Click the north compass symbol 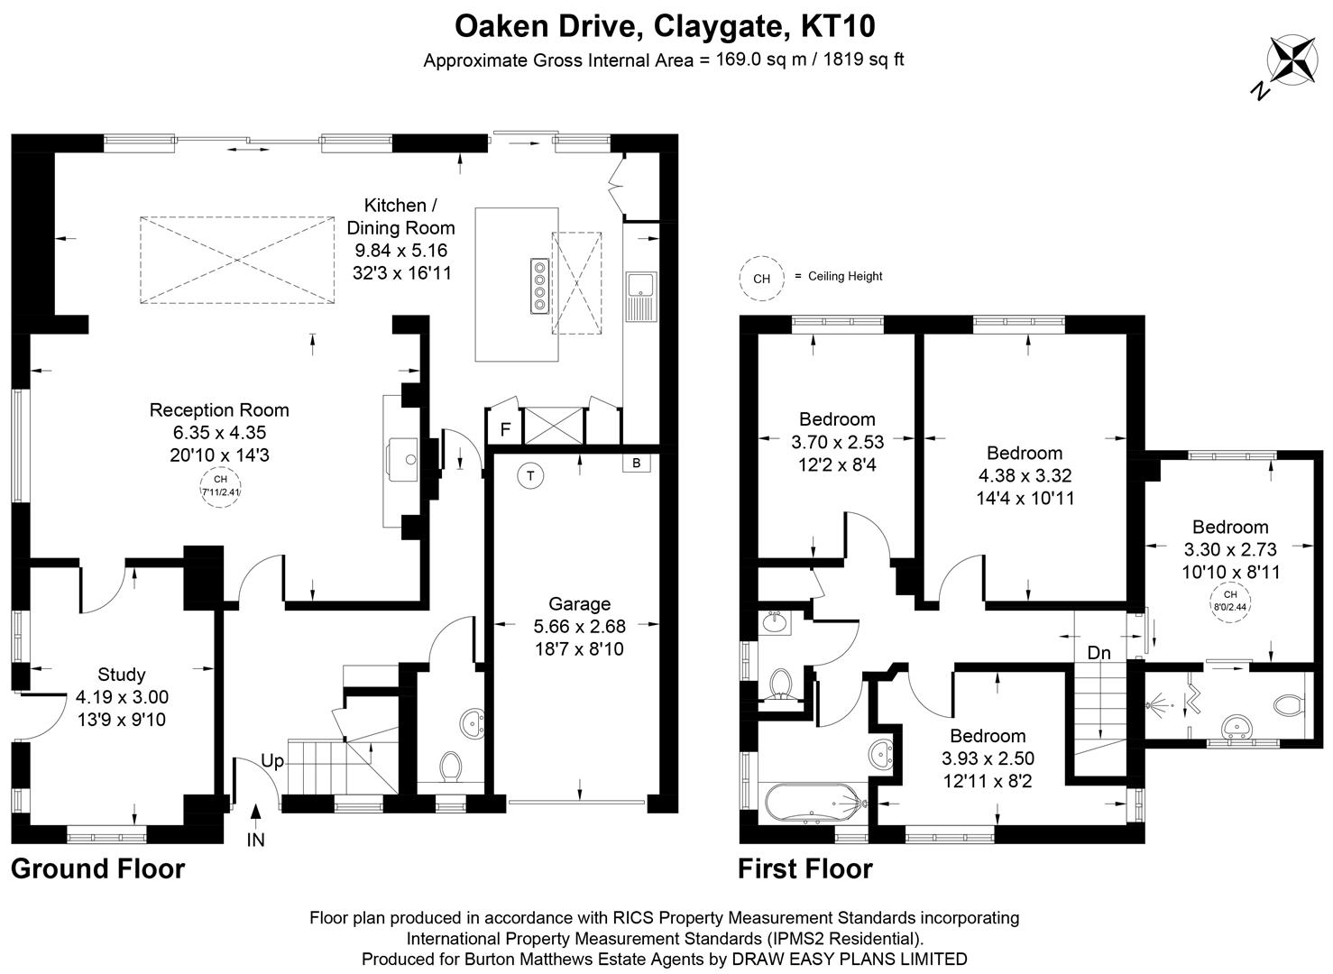1292,61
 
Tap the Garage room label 579,604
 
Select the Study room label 122,675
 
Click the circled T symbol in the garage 532,476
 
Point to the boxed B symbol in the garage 636,464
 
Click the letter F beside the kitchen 505,430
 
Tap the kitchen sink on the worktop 643,296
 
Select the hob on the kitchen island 539,285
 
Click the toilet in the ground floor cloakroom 450,767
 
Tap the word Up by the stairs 272,762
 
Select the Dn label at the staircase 1099,653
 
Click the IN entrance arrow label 256,841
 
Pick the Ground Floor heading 97,868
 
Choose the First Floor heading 804,869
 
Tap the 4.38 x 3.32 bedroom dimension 1025,476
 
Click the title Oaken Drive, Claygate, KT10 665,26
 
